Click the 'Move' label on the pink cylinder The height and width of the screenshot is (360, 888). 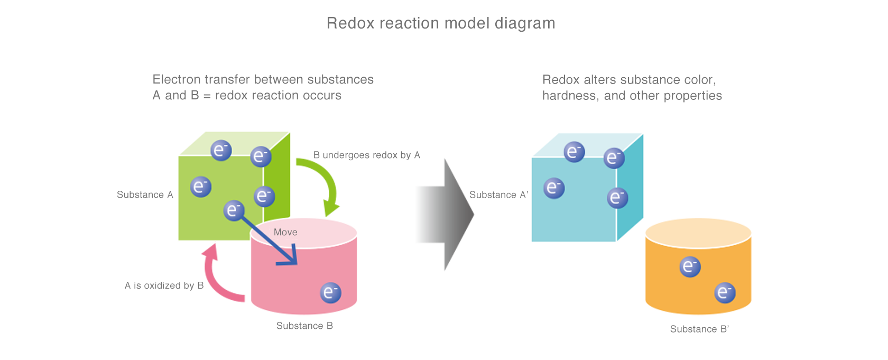285,232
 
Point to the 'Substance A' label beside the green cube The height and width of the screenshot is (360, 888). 145,195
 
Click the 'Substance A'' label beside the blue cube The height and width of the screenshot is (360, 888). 499,195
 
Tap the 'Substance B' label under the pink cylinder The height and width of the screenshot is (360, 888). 305,326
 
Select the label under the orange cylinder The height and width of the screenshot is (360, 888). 699,329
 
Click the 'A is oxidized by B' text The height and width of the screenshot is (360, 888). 164,285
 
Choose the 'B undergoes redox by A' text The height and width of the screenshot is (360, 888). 367,155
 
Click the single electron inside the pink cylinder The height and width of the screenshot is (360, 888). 330,292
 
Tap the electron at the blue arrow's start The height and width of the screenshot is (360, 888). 234,210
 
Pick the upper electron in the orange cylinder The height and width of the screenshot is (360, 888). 690,266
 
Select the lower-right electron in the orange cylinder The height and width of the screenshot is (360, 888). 725,292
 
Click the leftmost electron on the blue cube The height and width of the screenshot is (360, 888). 554,188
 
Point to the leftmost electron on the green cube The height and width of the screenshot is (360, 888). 200,187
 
